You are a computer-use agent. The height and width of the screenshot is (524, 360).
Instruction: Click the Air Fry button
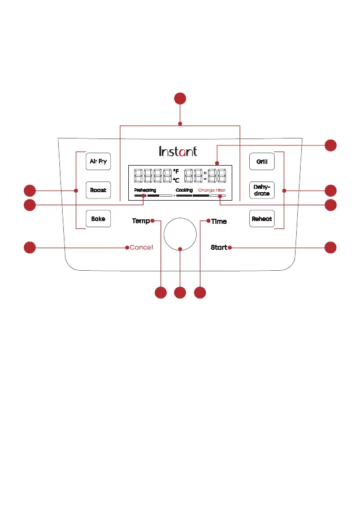click(x=98, y=161)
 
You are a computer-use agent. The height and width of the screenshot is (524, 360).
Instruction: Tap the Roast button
click(x=98, y=190)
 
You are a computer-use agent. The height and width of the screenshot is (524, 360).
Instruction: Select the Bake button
click(x=98, y=218)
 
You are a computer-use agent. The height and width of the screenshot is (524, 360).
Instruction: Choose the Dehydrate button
click(x=262, y=190)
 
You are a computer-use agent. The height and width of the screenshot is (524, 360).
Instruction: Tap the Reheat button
click(x=262, y=218)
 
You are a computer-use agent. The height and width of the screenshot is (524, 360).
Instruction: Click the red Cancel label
click(x=141, y=248)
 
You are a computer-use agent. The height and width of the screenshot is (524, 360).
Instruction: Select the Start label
click(x=219, y=248)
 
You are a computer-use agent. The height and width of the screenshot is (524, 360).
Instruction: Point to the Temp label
click(x=141, y=221)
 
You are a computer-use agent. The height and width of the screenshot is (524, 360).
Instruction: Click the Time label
click(x=219, y=222)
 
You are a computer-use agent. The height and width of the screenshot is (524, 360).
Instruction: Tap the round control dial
click(x=180, y=233)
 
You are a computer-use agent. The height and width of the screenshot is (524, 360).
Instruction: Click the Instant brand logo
click(x=178, y=151)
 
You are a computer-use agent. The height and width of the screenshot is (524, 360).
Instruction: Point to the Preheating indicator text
click(x=145, y=190)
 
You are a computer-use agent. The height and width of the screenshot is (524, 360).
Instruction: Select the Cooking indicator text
click(x=184, y=190)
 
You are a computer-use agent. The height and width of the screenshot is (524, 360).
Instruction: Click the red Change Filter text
click(x=212, y=190)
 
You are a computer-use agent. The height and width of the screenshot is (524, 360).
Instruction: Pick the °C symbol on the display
click(x=176, y=180)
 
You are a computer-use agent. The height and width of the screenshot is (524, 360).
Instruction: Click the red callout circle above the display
click(x=180, y=99)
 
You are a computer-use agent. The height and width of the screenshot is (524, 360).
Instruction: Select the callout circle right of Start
click(x=331, y=247)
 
